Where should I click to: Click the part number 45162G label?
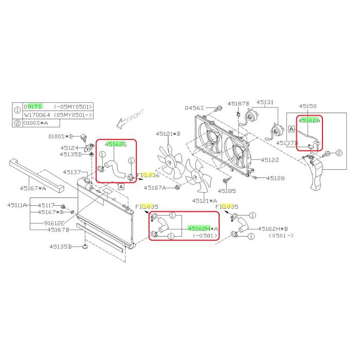[x=116, y=145]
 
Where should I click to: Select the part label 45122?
[x=270, y=160]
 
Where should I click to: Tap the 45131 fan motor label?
[x=265, y=102]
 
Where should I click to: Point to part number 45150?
[x=308, y=106]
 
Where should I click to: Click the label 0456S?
[x=194, y=107]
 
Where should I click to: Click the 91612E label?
[x=54, y=223]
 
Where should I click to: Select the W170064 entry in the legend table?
[x=37, y=115]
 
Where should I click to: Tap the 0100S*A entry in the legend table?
[x=35, y=123]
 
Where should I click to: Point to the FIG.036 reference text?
[x=148, y=175]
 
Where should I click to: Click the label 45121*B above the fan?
[x=168, y=134]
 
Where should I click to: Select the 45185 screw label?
[x=227, y=191]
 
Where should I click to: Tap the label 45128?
[x=276, y=178]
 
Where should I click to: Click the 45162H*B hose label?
[x=273, y=229]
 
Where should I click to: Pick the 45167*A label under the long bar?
[x=33, y=188]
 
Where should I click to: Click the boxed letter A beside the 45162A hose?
[x=292, y=129]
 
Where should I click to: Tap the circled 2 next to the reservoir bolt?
[x=339, y=153]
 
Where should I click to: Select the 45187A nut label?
[x=155, y=188]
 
